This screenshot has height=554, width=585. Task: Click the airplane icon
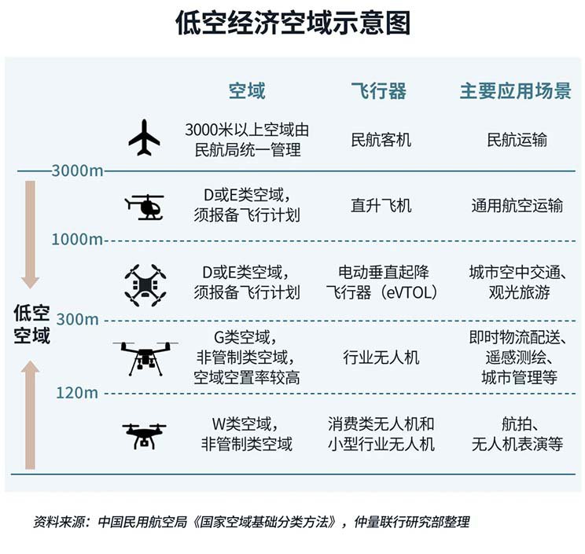pyautogui.click(x=145, y=138)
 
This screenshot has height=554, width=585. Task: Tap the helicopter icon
pyautogui.click(x=145, y=207)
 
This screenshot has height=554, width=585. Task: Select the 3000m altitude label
pyautogui.click(x=77, y=171)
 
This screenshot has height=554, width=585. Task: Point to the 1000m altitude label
pyautogui.click(x=77, y=240)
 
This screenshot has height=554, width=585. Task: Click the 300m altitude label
pyautogui.click(x=78, y=320)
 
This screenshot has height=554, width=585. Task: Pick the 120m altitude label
pyautogui.click(x=77, y=393)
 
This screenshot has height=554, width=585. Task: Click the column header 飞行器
pyautogui.click(x=379, y=91)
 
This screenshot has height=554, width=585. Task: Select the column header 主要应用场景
pyautogui.click(x=516, y=91)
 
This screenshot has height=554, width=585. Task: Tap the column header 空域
pyautogui.click(x=247, y=91)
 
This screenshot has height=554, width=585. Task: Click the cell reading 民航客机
pyautogui.click(x=381, y=140)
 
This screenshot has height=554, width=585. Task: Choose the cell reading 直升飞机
pyautogui.click(x=381, y=205)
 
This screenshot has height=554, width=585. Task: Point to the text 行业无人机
pyautogui.click(x=381, y=358)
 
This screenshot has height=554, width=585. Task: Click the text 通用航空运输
pyautogui.click(x=517, y=205)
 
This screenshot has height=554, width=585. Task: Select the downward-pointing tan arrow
pyautogui.click(x=30, y=235)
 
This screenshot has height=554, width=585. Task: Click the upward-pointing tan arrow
pyautogui.click(x=30, y=415)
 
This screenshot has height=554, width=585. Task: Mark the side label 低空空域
pyautogui.click(x=31, y=324)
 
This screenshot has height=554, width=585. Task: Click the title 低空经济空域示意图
pyautogui.click(x=292, y=23)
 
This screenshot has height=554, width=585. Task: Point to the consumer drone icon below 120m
pyautogui.click(x=145, y=435)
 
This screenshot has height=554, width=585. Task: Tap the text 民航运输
pyautogui.click(x=517, y=140)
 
